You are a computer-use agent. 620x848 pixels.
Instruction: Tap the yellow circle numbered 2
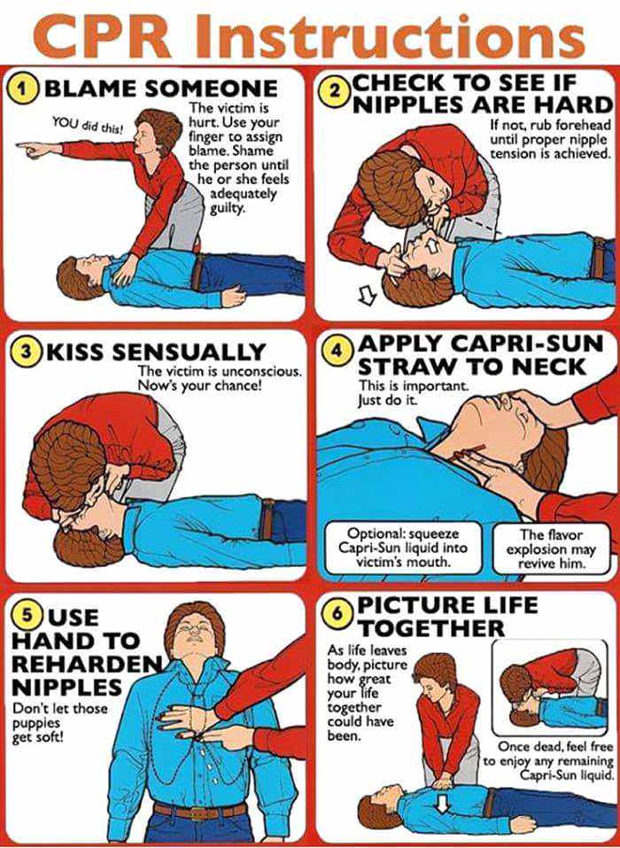coord(337,91)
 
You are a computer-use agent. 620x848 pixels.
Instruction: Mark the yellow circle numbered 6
coord(337,616)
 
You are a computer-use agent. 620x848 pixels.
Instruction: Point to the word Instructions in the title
coord(391,35)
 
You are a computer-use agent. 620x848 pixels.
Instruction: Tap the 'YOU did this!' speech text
coord(88,127)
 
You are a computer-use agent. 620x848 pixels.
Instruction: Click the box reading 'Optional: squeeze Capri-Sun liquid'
coord(403,548)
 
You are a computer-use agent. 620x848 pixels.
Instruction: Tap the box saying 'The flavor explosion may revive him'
coord(551,548)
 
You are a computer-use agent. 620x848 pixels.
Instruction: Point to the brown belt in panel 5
coord(200,811)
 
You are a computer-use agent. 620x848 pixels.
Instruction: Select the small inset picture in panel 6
coord(550,688)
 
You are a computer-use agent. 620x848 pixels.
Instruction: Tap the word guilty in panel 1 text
coord(228,207)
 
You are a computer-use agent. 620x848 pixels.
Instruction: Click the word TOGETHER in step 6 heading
coord(430,628)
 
